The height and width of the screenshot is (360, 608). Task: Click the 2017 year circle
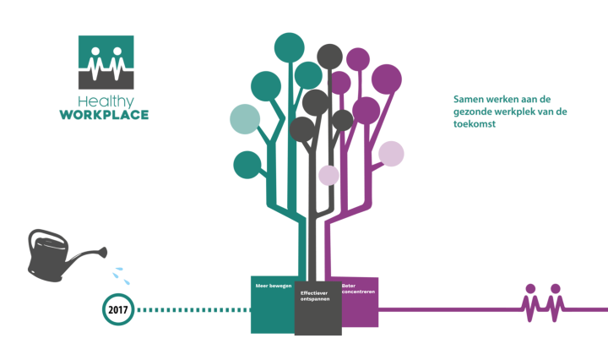click(x=117, y=310)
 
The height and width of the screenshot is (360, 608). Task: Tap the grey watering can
click(x=52, y=254)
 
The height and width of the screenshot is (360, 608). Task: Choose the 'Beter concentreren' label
click(x=359, y=289)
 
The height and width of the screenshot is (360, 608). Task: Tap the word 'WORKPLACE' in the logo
click(x=104, y=114)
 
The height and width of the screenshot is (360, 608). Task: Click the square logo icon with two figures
click(x=106, y=62)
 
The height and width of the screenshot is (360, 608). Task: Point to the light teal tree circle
click(x=246, y=119)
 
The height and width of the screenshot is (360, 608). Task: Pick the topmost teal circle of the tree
click(x=290, y=46)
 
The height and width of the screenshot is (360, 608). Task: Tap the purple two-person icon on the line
click(x=543, y=303)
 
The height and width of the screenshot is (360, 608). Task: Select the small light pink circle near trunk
click(x=328, y=175)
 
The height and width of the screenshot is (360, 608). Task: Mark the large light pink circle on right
click(x=391, y=154)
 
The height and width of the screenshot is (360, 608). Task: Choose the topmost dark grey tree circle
click(x=329, y=57)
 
